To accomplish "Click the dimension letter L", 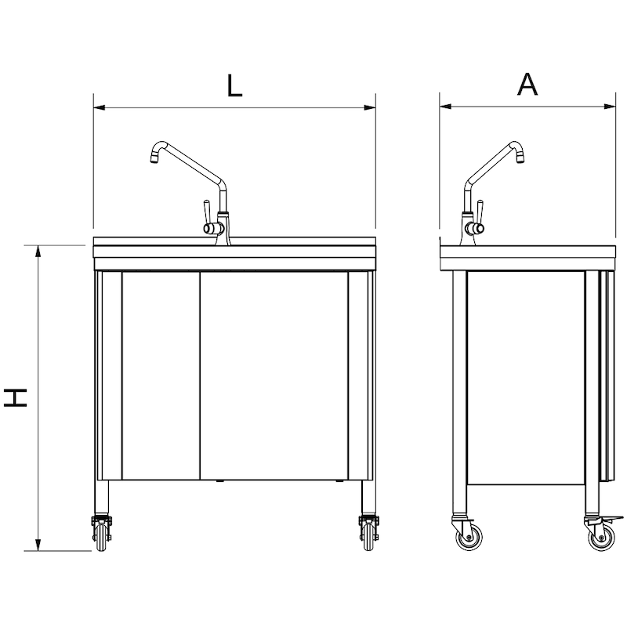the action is [x=234, y=85].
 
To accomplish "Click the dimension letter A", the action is [x=527, y=84].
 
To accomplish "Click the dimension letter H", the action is [x=16, y=397].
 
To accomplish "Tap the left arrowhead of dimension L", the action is [x=100, y=107].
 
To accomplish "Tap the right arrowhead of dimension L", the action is [x=370, y=107].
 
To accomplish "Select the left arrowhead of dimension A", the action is [x=445, y=107].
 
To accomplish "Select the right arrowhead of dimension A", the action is [x=610, y=107].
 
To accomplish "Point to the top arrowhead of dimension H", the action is [x=38, y=251].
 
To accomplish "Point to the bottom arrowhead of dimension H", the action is [x=38, y=545].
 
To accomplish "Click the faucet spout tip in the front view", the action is [x=154, y=160].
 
